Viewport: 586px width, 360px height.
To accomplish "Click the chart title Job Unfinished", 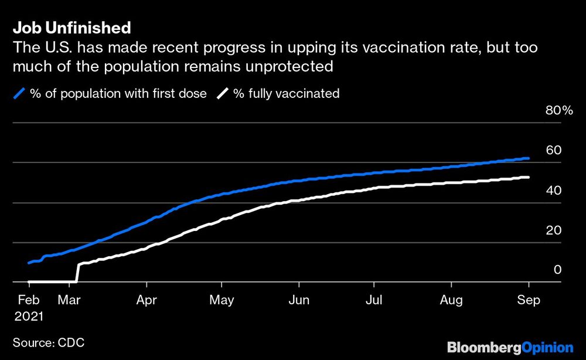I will tap(71, 28).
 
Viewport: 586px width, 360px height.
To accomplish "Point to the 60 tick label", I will tap(554, 150).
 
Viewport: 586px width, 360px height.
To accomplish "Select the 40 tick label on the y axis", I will tap(554, 191).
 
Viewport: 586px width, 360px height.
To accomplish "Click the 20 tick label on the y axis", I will tap(554, 230).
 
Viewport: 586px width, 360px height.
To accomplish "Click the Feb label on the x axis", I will tap(29, 300).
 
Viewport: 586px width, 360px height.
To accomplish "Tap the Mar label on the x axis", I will tap(70, 300).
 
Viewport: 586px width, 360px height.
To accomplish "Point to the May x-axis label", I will tap(221, 300).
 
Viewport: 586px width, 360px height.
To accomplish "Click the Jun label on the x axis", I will tap(299, 300).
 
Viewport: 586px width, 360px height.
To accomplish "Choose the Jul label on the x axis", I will tap(373, 300).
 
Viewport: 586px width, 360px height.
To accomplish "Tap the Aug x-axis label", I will tap(451, 300).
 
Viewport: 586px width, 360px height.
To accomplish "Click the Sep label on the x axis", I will tap(528, 300).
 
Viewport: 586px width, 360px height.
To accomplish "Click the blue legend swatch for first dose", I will tap(19, 94).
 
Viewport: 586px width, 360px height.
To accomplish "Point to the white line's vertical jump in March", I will tap(77, 273).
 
